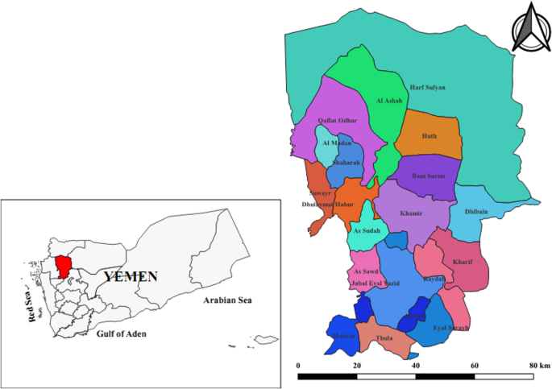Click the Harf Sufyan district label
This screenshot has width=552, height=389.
[x=428, y=87]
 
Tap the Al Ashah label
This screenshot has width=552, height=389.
[x=388, y=101]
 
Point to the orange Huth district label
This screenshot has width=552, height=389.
[x=429, y=136]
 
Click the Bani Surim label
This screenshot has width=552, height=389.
[x=428, y=176]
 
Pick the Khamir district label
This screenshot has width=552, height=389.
[x=413, y=214]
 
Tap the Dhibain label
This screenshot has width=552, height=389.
[x=476, y=212]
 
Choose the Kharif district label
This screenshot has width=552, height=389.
[x=463, y=262]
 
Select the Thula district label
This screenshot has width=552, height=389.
[x=384, y=338]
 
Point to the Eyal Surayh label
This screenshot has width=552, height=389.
[x=451, y=329]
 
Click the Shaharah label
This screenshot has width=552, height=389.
[x=345, y=161]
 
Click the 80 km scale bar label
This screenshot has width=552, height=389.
[x=540, y=366]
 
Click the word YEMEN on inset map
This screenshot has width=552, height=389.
[x=131, y=276]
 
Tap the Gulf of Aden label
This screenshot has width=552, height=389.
[x=121, y=333]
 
